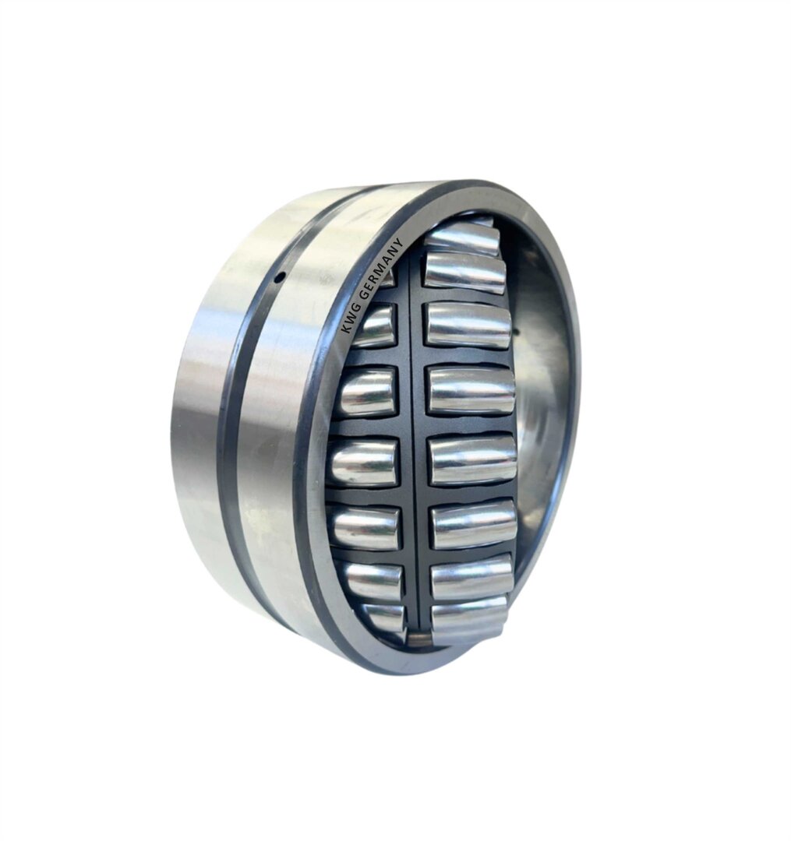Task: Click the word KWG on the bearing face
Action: coord(349,322)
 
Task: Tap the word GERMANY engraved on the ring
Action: coord(380,272)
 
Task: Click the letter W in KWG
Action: coord(349,322)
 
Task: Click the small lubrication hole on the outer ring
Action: coord(278,277)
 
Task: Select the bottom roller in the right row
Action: coord(468,618)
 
